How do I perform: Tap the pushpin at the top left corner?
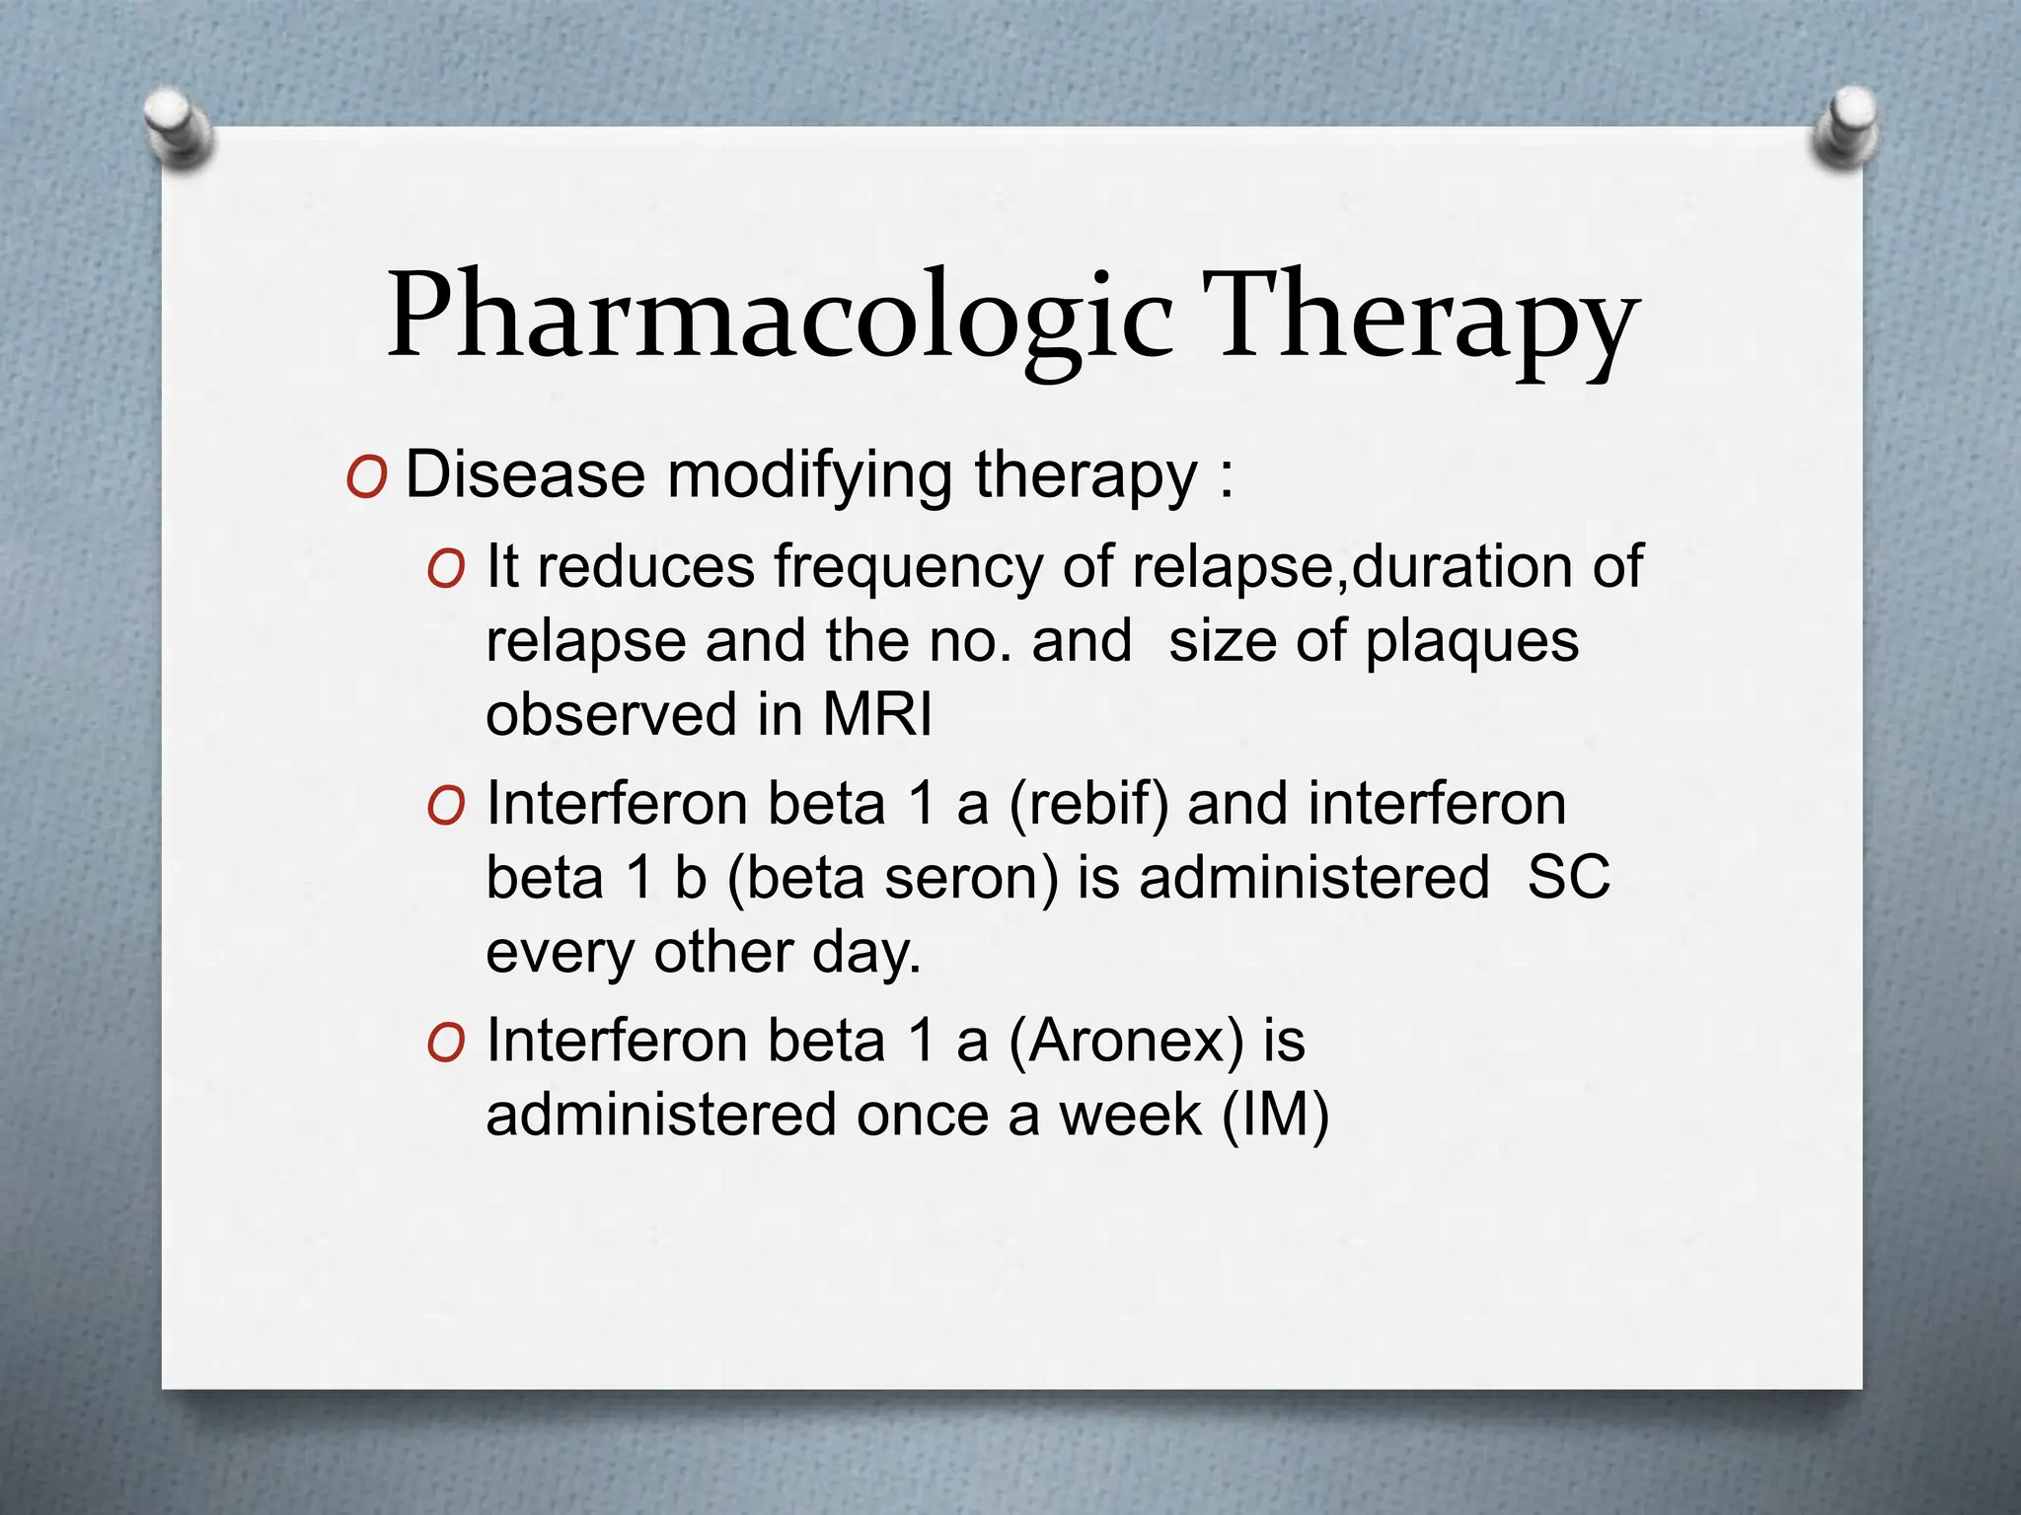178,127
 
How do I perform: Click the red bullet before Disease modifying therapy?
366,480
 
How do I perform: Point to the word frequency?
908,570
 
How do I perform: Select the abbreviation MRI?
876,714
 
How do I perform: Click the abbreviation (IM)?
1276,1116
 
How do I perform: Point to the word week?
1131,1116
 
